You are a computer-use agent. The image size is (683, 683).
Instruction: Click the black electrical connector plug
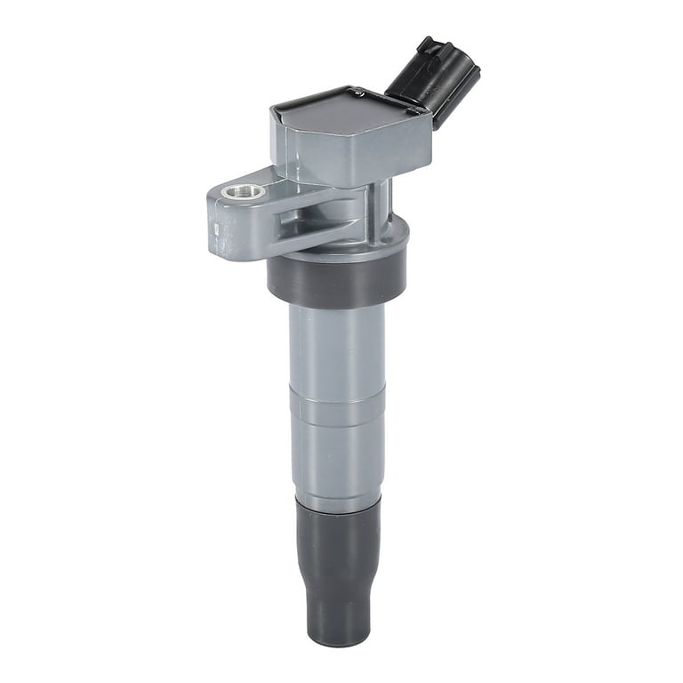click(436, 80)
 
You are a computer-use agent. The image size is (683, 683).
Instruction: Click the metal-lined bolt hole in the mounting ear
click(243, 190)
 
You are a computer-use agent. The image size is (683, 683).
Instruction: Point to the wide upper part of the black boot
click(338, 542)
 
